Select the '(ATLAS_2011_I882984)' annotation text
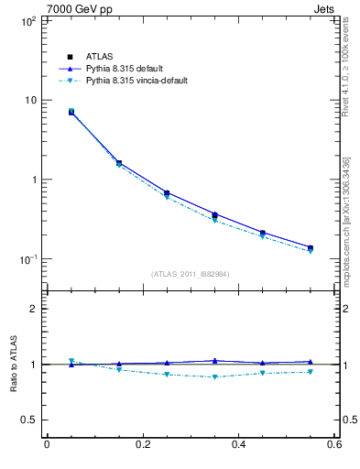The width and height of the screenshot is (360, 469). click(190, 274)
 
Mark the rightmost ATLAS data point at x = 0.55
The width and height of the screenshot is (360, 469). click(310, 248)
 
